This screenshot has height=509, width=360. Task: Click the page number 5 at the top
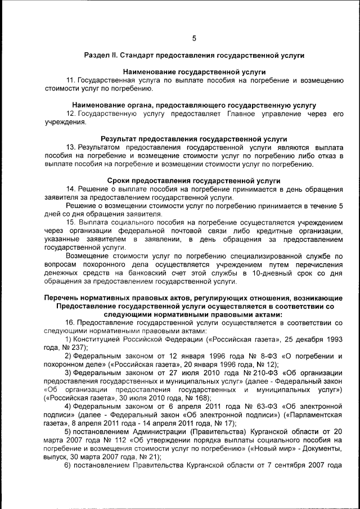(194, 39)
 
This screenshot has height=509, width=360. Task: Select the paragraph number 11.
(70, 80)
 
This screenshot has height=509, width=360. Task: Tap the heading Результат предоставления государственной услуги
(193, 138)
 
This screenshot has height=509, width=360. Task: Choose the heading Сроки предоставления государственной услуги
(193, 181)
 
